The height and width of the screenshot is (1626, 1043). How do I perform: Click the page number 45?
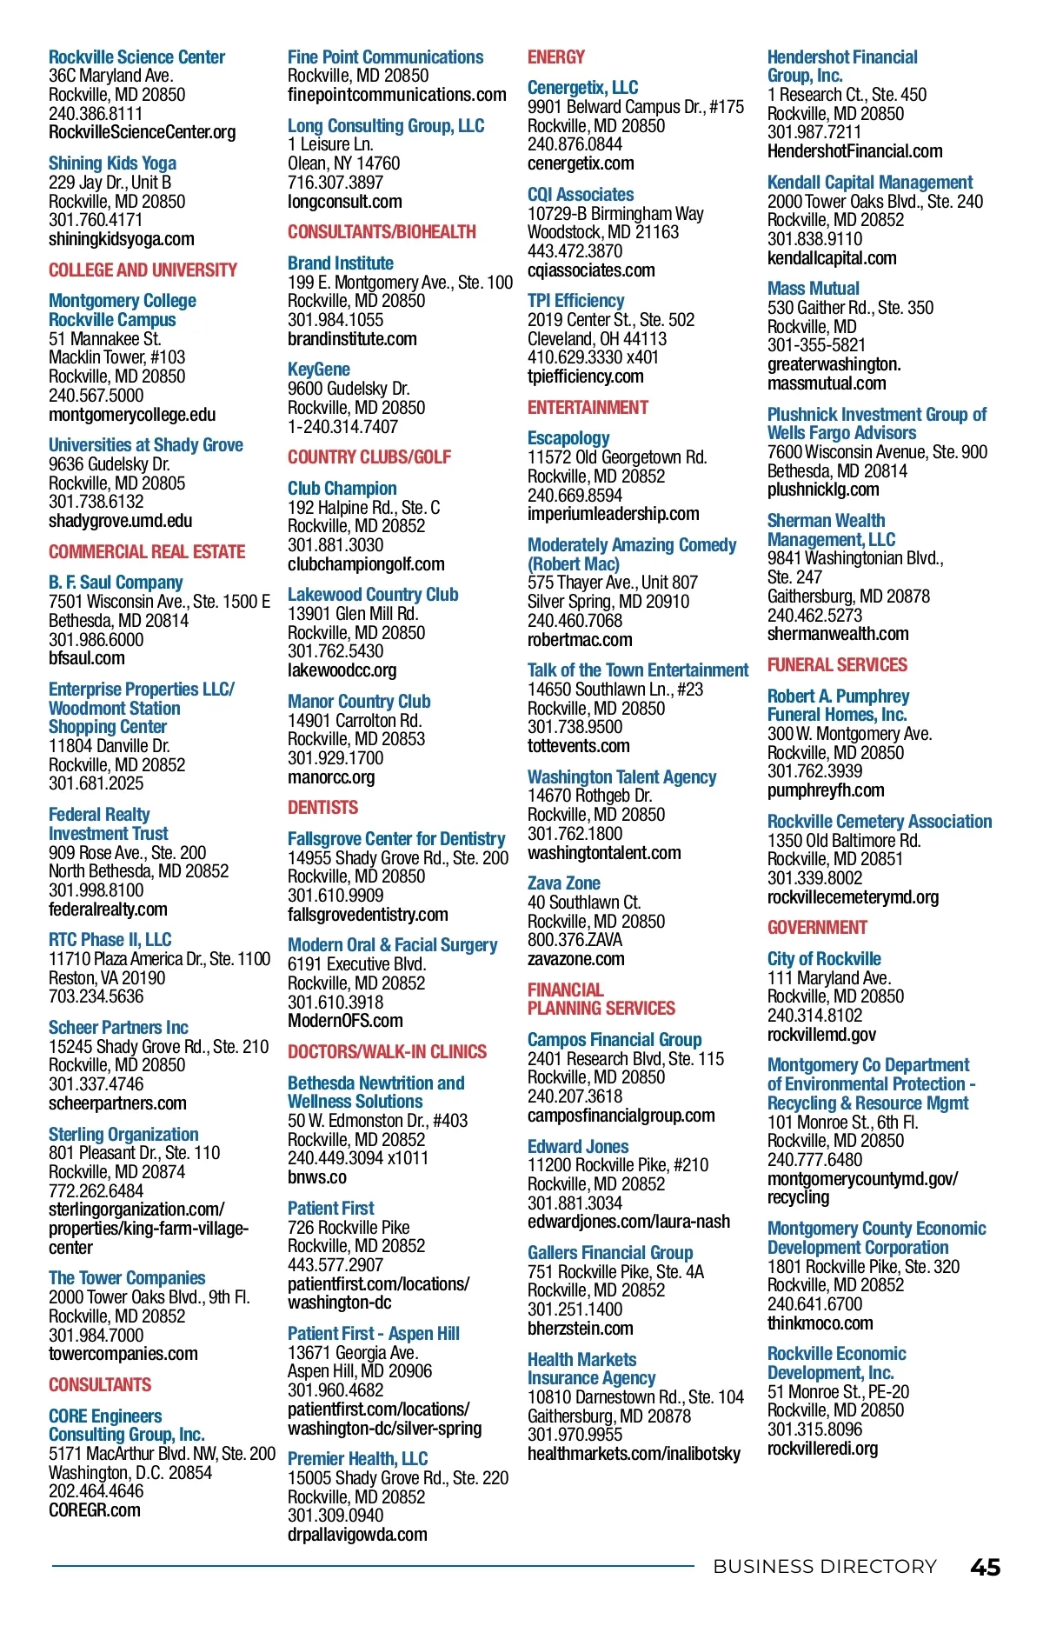(985, 1567)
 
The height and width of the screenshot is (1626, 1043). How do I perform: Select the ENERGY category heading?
(555, 57)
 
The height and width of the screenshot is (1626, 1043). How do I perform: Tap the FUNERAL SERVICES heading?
(836, 665)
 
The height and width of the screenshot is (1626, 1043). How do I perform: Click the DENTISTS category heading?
(322, 808)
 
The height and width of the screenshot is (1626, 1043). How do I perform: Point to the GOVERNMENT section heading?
(817, 928)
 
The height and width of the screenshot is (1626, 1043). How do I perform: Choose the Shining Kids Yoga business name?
(112, 163)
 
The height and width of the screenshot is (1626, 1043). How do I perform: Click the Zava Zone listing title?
(563, 883)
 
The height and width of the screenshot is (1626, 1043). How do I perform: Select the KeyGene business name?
(318, 370)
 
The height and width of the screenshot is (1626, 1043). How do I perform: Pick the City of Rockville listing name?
(823, 959)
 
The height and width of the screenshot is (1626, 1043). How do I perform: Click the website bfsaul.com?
(86, 658)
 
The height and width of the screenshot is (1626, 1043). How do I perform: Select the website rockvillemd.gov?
(821, 1035)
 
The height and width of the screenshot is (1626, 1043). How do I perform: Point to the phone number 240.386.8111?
(96, 114)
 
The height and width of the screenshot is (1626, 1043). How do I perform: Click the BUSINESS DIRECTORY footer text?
(824, 1567)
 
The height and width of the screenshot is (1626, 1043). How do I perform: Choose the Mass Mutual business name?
(813, 289)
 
